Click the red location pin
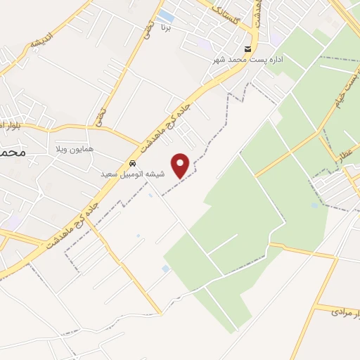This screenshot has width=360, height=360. point(181,165)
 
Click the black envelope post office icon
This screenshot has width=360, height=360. point(246,49)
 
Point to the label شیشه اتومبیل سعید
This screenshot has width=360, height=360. point(134,174)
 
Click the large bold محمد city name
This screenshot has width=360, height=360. point(13,152)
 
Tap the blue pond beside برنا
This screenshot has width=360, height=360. point(166,15)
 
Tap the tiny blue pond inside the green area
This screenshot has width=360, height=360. point(314,205)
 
